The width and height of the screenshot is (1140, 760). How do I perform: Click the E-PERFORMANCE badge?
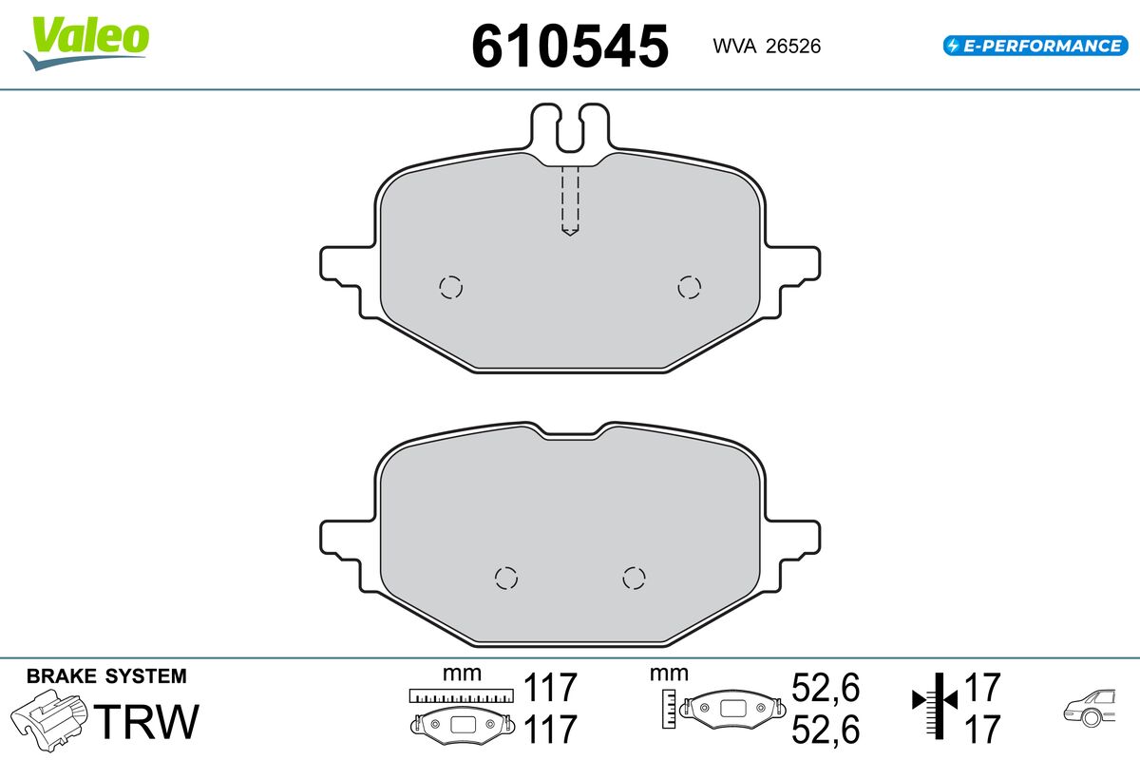tap(1034, 45)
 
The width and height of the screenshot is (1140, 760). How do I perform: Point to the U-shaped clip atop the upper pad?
tap(569, 128)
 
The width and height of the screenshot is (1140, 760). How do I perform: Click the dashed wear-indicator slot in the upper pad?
tap(569, 200)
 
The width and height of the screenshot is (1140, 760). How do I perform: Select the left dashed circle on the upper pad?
tap(449, 287)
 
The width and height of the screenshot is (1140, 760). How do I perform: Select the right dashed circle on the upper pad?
tap(689, 286)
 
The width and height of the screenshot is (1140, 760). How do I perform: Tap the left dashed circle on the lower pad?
tap(506, 578)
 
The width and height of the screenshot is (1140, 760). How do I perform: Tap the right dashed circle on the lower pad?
tap(634, 577)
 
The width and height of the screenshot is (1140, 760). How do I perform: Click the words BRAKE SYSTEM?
tap(106, 676)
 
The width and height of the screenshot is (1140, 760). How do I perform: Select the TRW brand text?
tap(149, 722)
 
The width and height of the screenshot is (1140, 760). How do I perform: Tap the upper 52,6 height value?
tap(825, 687)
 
